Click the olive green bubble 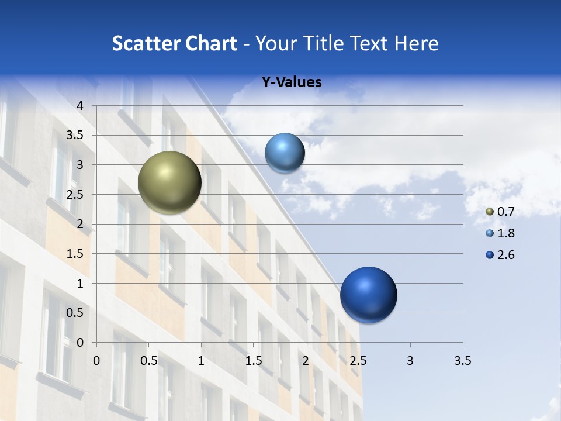169,182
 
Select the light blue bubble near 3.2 285,153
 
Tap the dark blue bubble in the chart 368,295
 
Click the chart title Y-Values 292,82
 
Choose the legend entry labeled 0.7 500,212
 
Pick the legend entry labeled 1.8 500,233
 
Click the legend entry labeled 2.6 500,255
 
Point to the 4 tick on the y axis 81,105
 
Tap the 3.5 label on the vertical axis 76,135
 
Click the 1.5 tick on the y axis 76,254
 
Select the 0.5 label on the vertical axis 76,313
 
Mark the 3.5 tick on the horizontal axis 462,361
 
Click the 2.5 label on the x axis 358,361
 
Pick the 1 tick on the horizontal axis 201,361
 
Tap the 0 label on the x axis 96,361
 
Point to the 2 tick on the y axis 81,224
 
